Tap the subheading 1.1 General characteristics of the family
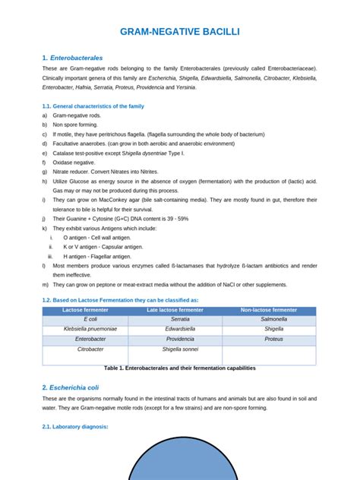pyautogui.click(x=93, y=106)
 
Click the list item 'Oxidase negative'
pyautogui.click(x=74, y=163)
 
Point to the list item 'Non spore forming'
pyautogui.click(x=76, y=125)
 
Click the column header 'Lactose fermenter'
pyautogui.click(x=84, y=310)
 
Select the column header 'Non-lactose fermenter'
pyautogui.click(x=269, y=310)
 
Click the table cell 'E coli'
pyautogui.click(x=85, y=320)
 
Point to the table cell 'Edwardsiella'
pyautogui.click(x=180, y=330)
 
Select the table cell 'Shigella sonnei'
pyautogui.click(x=180, y=349)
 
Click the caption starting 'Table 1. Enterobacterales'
pyautogui.click(x=180, y=368)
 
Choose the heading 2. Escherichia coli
pyautogui.click(x=77, y=387)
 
